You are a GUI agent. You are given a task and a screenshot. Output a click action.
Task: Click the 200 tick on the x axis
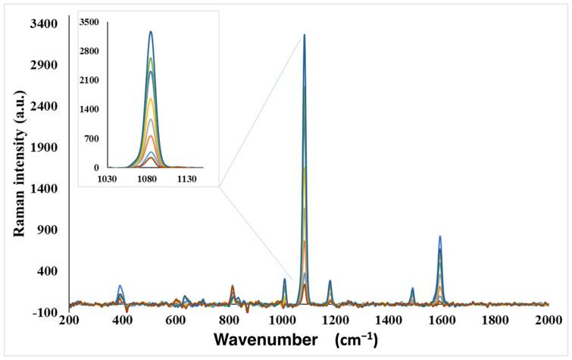[x=69, y=321]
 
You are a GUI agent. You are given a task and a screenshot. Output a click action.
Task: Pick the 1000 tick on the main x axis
[x=283, y=321]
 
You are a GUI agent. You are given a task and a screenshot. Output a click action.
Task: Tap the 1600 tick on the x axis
[x=442, y=321]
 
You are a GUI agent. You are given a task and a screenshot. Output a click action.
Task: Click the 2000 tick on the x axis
[x=549, y=321]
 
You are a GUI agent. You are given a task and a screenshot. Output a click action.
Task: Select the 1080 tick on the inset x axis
[x=147, y=180]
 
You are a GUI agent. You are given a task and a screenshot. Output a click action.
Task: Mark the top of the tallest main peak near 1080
[x=304, y=35]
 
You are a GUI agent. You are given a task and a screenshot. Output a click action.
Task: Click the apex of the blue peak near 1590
[x=439, y=236]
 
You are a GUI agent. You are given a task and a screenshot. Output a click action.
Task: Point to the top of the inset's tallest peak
[x=151, y=32]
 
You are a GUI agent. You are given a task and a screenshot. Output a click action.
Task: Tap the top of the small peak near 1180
[x=330, y=281]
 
